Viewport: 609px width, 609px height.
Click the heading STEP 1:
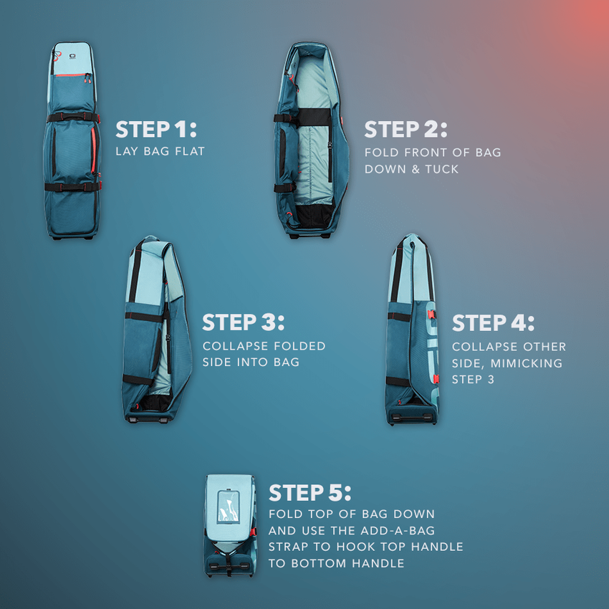(155, 130)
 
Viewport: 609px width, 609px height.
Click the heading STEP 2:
(406, 130)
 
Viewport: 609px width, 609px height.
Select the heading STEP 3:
(243, 322)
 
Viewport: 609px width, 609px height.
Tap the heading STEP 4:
(493, 322)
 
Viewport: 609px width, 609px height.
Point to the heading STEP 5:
(310, 493)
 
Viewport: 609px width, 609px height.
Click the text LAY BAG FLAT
(160, 151)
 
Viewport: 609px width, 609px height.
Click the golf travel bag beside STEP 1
(72, 140)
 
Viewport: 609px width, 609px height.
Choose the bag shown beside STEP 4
(412, 330)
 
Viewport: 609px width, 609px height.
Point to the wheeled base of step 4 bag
(411, 416)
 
